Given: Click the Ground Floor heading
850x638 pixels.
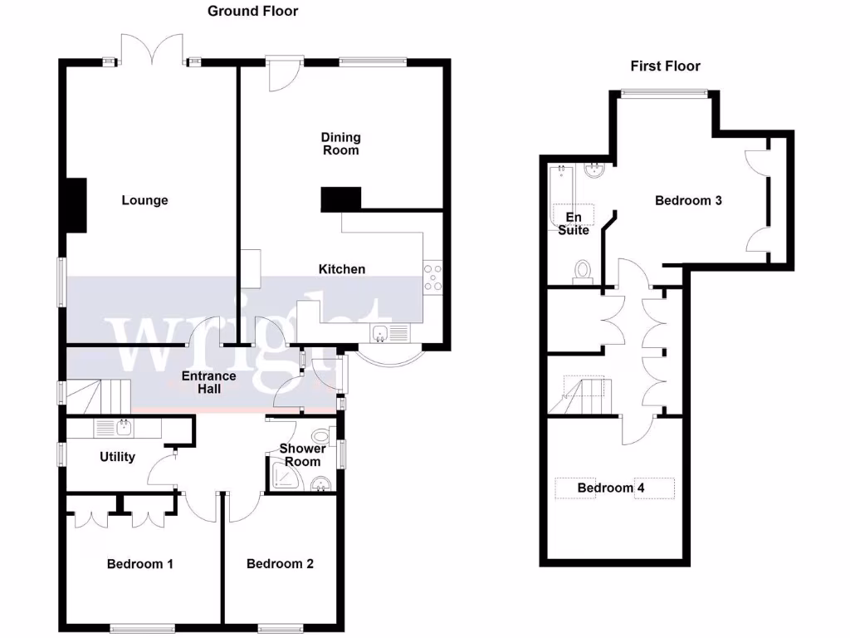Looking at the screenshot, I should [252, 11].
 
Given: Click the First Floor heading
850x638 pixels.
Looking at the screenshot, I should [665, 66].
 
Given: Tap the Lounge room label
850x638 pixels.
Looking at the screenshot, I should [144, 200].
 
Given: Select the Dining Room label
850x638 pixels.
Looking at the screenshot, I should [341, 144].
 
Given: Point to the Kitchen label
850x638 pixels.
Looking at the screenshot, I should [342, 268].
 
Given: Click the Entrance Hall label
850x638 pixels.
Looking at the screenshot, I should [209, 382].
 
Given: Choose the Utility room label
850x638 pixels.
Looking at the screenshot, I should [117, 456].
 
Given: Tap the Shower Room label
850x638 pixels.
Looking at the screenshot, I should [303, 454].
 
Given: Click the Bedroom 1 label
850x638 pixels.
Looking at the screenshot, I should [140, 564].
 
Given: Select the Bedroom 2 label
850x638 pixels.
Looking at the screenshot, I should [280, 564].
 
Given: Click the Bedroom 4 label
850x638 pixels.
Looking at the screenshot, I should [611, 488].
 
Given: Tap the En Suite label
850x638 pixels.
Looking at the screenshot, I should [574, 223].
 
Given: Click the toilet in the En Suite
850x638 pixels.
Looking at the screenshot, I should [584, 269].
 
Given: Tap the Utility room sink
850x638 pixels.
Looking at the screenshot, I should [122, 427].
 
